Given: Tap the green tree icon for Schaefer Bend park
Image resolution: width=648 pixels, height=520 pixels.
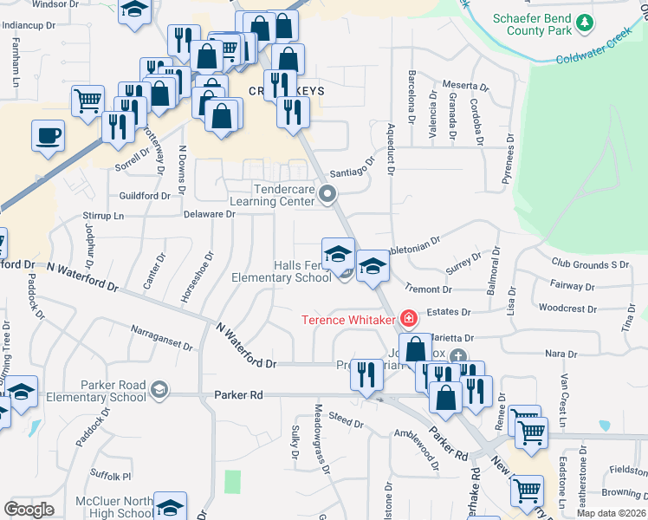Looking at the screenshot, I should pyautogui.click(x=586, y=22).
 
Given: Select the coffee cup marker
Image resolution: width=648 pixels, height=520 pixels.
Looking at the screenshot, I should pyautogui.click(x=48, y=136).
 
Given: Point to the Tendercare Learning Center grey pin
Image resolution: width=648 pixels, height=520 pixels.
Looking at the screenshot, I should pyautogui.click(x=327, y=194).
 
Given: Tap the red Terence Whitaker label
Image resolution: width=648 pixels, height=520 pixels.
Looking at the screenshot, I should pyautogui.click(x=348, y=319).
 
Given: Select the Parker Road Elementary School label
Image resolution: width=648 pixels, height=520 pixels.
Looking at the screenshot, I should pyautogui.click(x=97, y=391).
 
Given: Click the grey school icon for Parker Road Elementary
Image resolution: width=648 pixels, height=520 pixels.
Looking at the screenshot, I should pyautogui.click(x=159, y=390).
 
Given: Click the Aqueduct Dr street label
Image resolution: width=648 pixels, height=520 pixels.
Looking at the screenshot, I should pyautogui.click(x=390, y=150).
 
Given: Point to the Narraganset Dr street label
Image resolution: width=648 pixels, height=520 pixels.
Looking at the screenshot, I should pyautogui.click(x=162, y=337).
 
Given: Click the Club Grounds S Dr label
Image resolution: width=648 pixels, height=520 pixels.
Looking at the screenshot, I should pyautogui.click(x=589, y=263).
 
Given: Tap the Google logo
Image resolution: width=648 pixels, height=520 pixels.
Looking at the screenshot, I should pyautogui.click(x=29, y=509).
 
